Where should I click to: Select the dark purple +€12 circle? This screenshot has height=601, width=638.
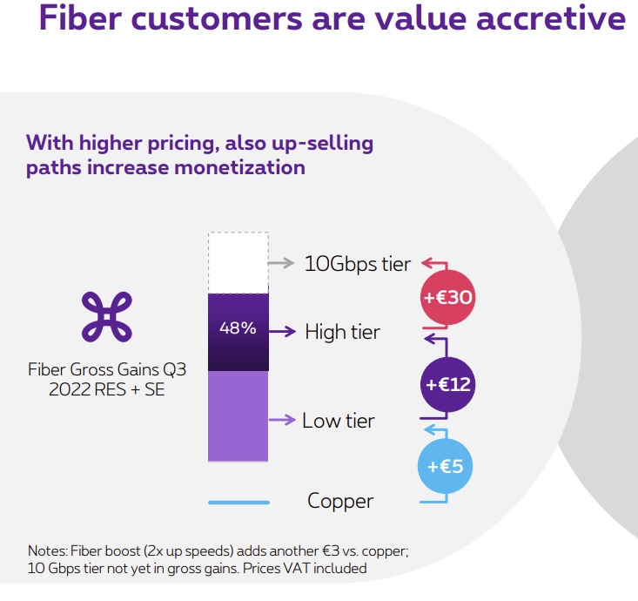(447, 383)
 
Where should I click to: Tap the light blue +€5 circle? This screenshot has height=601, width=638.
(447, 467)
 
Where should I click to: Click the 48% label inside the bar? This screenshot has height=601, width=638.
(238, 328)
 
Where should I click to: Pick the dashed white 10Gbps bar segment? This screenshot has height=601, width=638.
(238, 263)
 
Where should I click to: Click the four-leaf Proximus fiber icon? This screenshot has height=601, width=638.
(105, 315)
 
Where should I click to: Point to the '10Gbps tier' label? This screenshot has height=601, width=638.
(357, 263)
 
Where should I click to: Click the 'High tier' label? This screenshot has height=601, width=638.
(342, 332)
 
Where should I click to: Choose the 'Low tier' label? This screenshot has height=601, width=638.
(339, 421)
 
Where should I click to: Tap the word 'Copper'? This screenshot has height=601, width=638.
(340, 501)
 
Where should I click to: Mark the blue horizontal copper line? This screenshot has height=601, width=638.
(238, 502)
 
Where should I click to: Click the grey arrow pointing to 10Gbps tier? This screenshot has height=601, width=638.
(281, 261)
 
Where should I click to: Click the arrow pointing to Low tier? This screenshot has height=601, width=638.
(282, 420)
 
